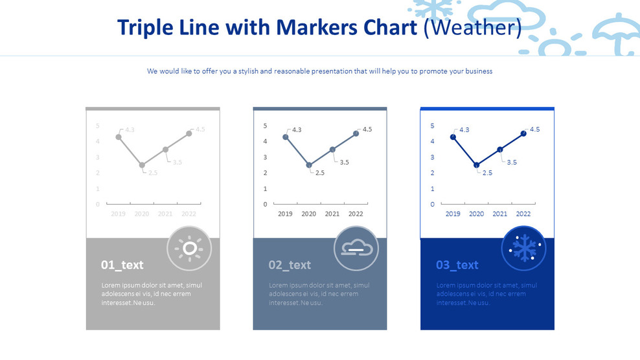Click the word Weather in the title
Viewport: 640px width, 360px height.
point(472,28)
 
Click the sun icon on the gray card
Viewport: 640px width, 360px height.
point(189,248)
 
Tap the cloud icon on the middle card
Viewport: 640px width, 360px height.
point(356,248)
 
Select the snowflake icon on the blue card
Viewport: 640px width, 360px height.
point(523,248)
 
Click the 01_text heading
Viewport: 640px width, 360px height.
point(122,265)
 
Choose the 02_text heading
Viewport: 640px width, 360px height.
point(290,265)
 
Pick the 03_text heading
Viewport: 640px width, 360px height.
point(457,265)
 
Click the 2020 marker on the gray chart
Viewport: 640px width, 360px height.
point(142,165)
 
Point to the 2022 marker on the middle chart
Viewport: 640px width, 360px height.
point(356,133)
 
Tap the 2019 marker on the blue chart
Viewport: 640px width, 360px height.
point(453,137)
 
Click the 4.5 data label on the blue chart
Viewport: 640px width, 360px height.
point(534,129)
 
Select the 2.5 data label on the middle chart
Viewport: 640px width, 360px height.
point(319,173)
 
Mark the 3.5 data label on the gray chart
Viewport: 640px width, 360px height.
point(177,162)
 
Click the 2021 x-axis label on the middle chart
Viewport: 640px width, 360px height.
point(332,214)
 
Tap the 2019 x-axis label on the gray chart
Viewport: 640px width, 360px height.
point(118,214)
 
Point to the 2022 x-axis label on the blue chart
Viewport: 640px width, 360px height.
point(523,214)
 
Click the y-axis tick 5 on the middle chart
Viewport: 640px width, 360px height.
point(265,126)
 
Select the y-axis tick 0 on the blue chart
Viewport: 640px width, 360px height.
point(433,205)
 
